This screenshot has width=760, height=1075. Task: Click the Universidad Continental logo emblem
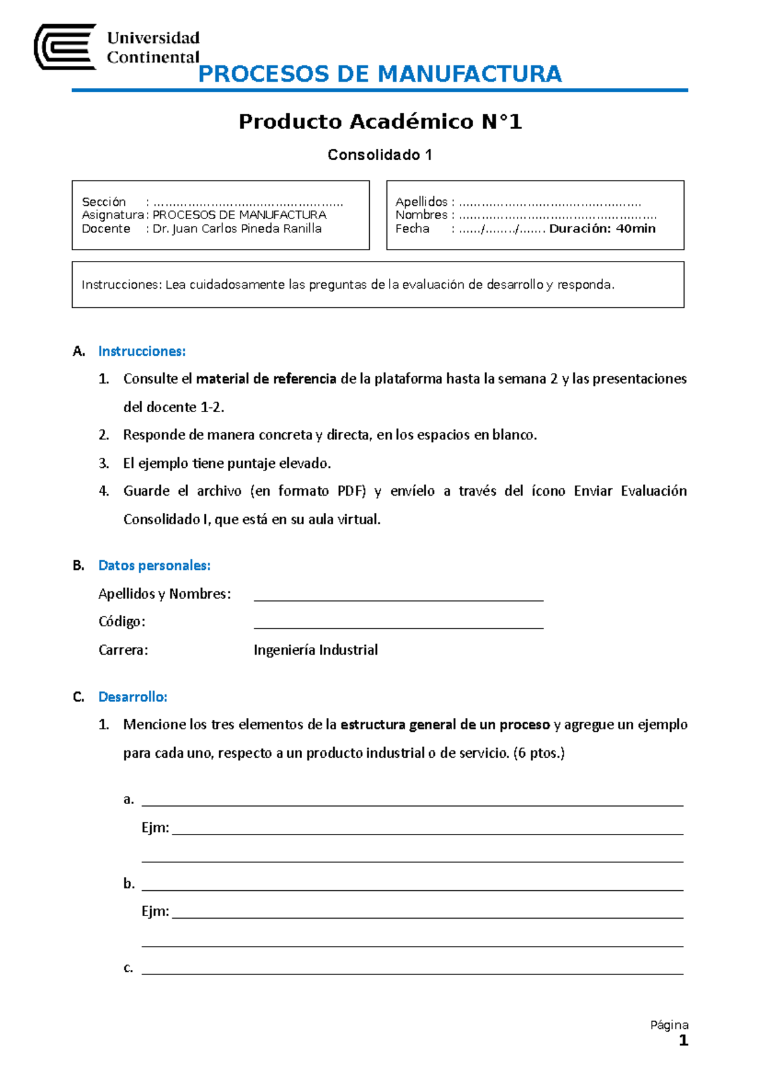click(x=65, y=47)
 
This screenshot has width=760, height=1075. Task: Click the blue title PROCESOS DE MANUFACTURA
click(x=380, y=74)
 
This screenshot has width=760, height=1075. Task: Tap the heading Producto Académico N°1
click(x=380, y=122)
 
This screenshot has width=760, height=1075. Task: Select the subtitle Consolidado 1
click(x=380, y=155)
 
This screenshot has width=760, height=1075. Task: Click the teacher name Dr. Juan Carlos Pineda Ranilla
click(x=237, y=229)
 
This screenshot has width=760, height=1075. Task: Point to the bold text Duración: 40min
click(x=602, y=229)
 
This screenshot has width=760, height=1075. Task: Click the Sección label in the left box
click(x=104, y=202)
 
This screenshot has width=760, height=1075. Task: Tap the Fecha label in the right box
click(x=412, y=229)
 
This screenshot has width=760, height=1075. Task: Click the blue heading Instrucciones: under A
click(x=142, y=351)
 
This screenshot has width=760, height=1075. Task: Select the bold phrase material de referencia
click(x=266, y=379)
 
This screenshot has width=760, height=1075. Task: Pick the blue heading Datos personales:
click(x=155, y=565)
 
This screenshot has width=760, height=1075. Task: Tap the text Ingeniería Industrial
click(x=315, y=650)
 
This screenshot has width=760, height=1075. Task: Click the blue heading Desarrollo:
click(x=133, y=697)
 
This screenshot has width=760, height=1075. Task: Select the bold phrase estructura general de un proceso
click(x=445, y=725)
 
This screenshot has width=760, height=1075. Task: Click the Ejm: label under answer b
click(x=155, y=912)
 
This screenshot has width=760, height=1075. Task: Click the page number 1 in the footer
click(x=683, y=1041)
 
